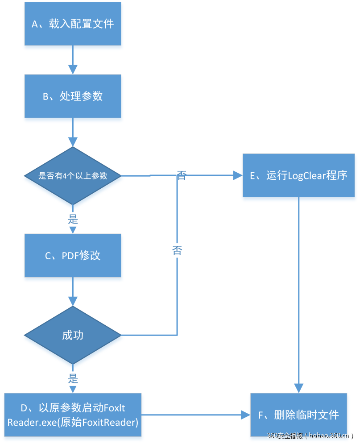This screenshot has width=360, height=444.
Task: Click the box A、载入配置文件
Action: click(72, 24)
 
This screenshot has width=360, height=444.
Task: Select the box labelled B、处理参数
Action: click(72, 96)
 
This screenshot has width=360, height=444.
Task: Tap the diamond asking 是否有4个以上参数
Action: click(72, 176)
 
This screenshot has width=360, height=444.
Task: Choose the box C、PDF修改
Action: click(72, 255)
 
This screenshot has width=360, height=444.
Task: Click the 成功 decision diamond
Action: click(72, 335)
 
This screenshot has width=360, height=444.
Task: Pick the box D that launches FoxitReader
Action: click(73, 415)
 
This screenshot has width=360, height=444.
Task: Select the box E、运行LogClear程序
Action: click(298, 175)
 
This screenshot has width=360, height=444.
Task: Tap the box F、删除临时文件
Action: click(298, 415)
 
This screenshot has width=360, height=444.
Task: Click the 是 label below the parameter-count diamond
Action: click(73, 220)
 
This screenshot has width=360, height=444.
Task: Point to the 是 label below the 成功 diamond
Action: click(73, 379)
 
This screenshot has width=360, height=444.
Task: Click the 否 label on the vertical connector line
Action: click(177, 250)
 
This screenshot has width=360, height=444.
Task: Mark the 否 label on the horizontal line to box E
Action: click(182, 175)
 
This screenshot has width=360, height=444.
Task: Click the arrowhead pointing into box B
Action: click(72, 69)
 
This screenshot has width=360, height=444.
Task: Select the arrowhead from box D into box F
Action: click(245, 415)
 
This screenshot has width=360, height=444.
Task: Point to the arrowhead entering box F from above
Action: click(298, 388)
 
